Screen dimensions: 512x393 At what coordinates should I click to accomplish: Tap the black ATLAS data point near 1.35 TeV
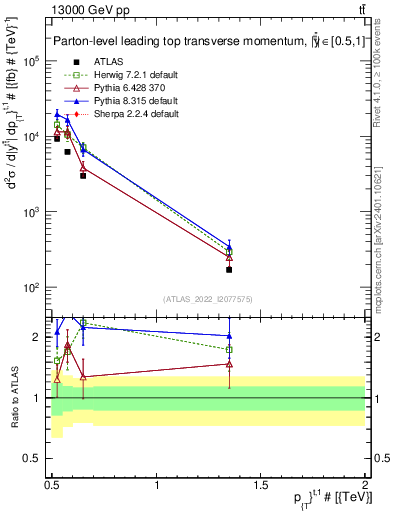(x=230, y=269)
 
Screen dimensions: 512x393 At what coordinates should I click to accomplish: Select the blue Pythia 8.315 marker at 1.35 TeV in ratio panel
(x=230, y=336)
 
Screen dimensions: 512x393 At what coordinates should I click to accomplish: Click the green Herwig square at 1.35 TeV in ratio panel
(x=230, y=349)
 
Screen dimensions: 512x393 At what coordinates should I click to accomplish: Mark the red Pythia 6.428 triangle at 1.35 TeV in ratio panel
(x=230, y=364)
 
